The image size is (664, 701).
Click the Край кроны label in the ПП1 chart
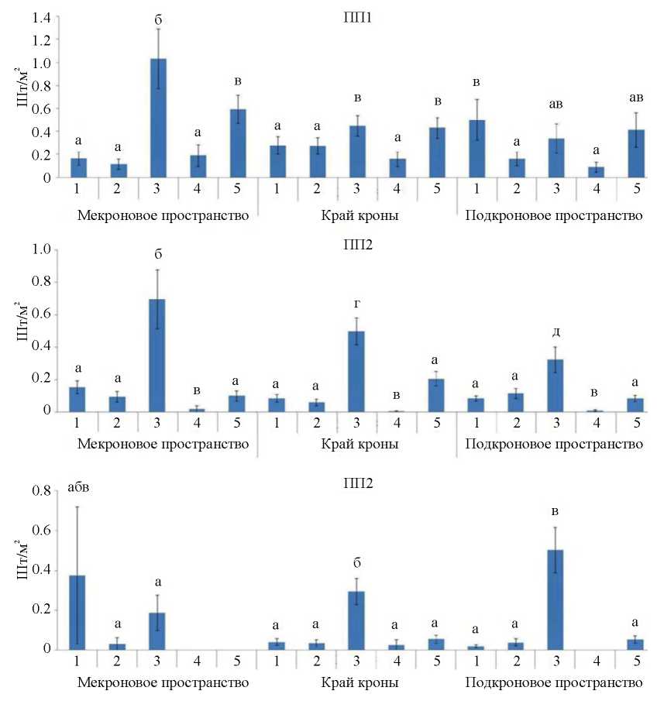point(360,215)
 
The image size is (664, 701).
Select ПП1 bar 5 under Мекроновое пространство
point(237,143)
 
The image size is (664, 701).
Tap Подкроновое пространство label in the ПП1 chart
point(553,215)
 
